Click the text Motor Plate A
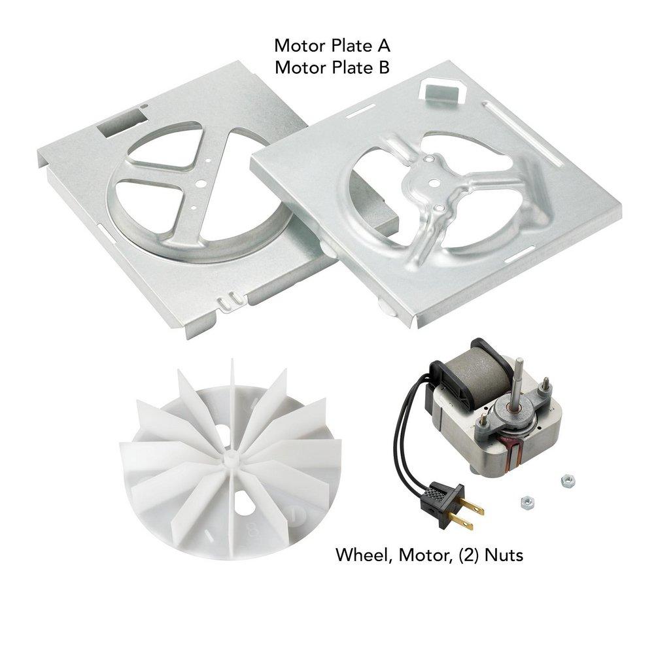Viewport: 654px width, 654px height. pos(332,46)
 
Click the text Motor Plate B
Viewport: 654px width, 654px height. pos(332,67)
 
